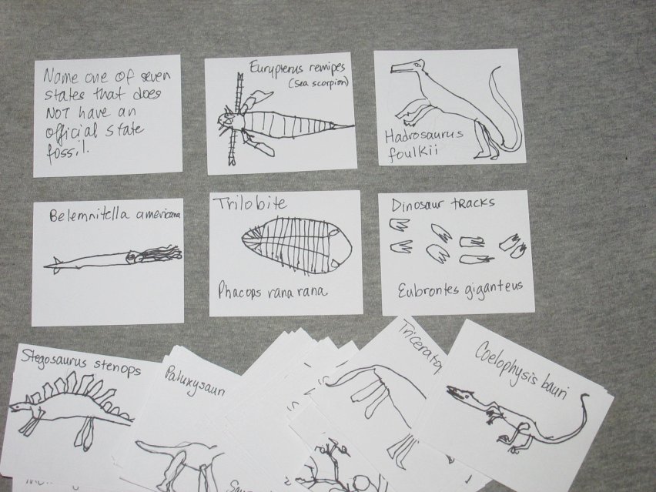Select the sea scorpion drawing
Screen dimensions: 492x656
[x=277, y=123]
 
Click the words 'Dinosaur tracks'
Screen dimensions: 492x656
[x=432, y=204]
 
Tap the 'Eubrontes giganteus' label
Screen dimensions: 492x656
[x=460, y=287]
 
